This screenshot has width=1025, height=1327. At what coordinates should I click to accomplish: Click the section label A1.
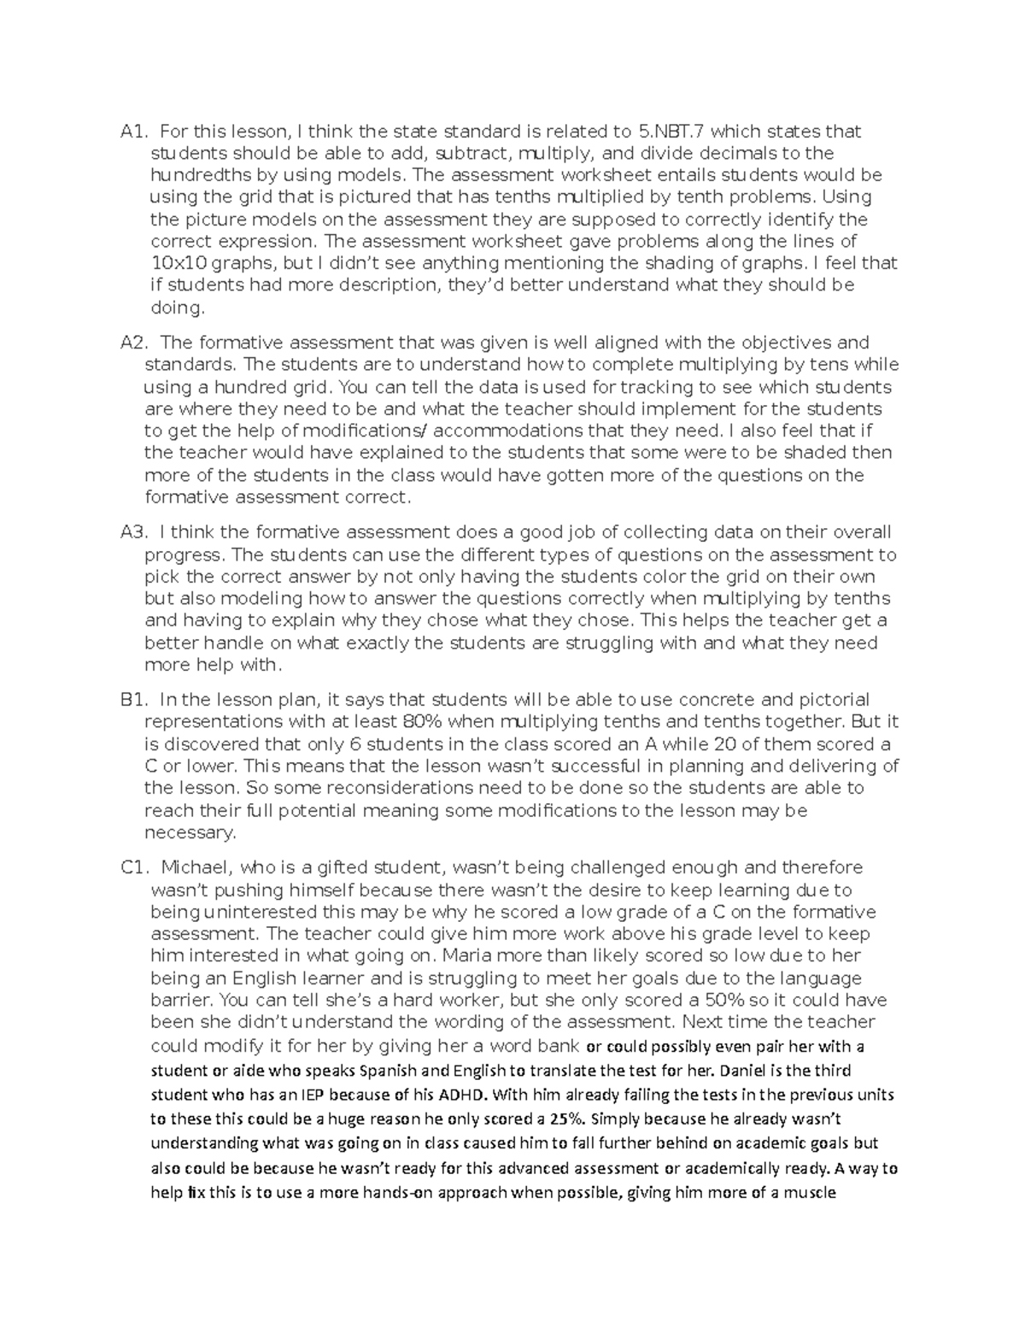point(133,132)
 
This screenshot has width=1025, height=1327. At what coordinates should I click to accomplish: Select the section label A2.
point(133,343)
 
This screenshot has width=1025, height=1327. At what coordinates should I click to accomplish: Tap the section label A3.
point(133,533)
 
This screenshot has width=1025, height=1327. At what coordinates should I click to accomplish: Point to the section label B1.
point(133,701)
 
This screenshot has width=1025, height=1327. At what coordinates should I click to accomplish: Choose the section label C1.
point(134,868)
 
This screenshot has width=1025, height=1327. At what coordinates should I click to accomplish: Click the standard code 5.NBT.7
point(671,132)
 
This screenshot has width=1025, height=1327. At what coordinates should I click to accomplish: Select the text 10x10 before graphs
point(174,264)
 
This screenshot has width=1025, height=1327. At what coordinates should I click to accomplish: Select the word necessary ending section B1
point(189,832)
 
